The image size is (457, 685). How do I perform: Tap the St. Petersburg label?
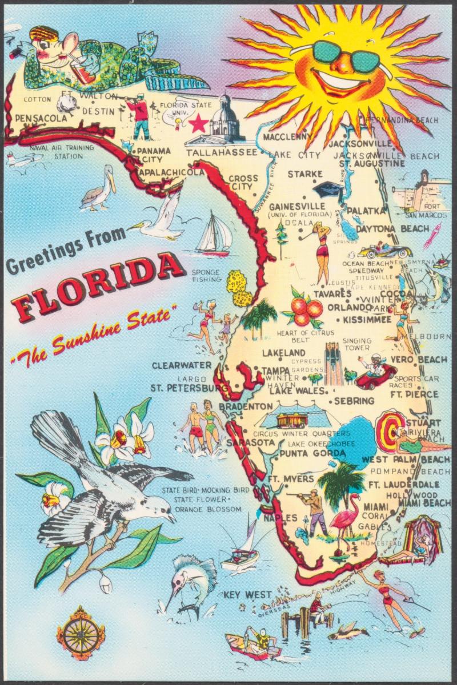click(x=182, y=388)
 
